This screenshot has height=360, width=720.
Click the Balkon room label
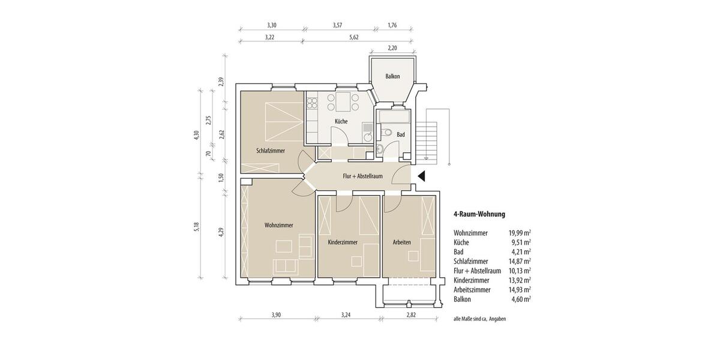(393, 77)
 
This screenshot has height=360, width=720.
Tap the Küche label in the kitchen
(341, 122)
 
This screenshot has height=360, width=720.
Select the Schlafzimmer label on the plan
(270, 151)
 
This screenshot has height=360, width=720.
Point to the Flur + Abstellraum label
(362, 176)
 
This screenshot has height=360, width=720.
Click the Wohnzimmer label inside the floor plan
(278, 226)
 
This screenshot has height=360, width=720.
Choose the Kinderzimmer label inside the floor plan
(343, 242)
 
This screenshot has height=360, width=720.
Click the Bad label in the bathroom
(400, 135)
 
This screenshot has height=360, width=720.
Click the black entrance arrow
(421, 176)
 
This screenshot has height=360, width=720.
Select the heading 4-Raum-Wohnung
(479, 214)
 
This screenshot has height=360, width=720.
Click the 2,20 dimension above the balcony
(392, 48)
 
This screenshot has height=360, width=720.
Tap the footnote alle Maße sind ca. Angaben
(479, 319)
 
